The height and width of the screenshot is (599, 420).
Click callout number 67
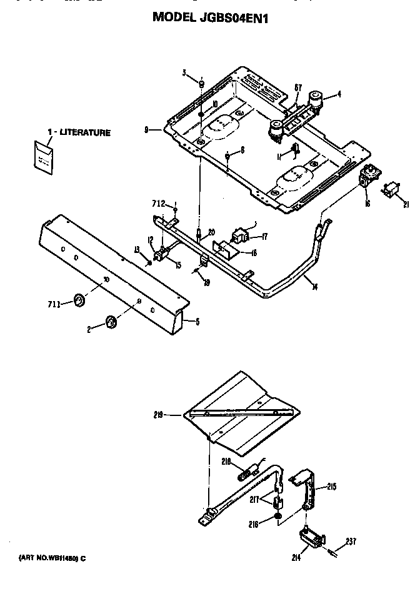tap(298, 87)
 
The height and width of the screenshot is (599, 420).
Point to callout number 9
tap(146, 131)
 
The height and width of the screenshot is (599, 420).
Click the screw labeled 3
tap(201, 84)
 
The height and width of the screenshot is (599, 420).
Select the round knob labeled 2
tap(111, 322)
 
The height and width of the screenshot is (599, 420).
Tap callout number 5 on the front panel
tap(197, 322)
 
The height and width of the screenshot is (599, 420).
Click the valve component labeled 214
tap(312, 537)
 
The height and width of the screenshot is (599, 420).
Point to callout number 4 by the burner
tap(339, 94)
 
